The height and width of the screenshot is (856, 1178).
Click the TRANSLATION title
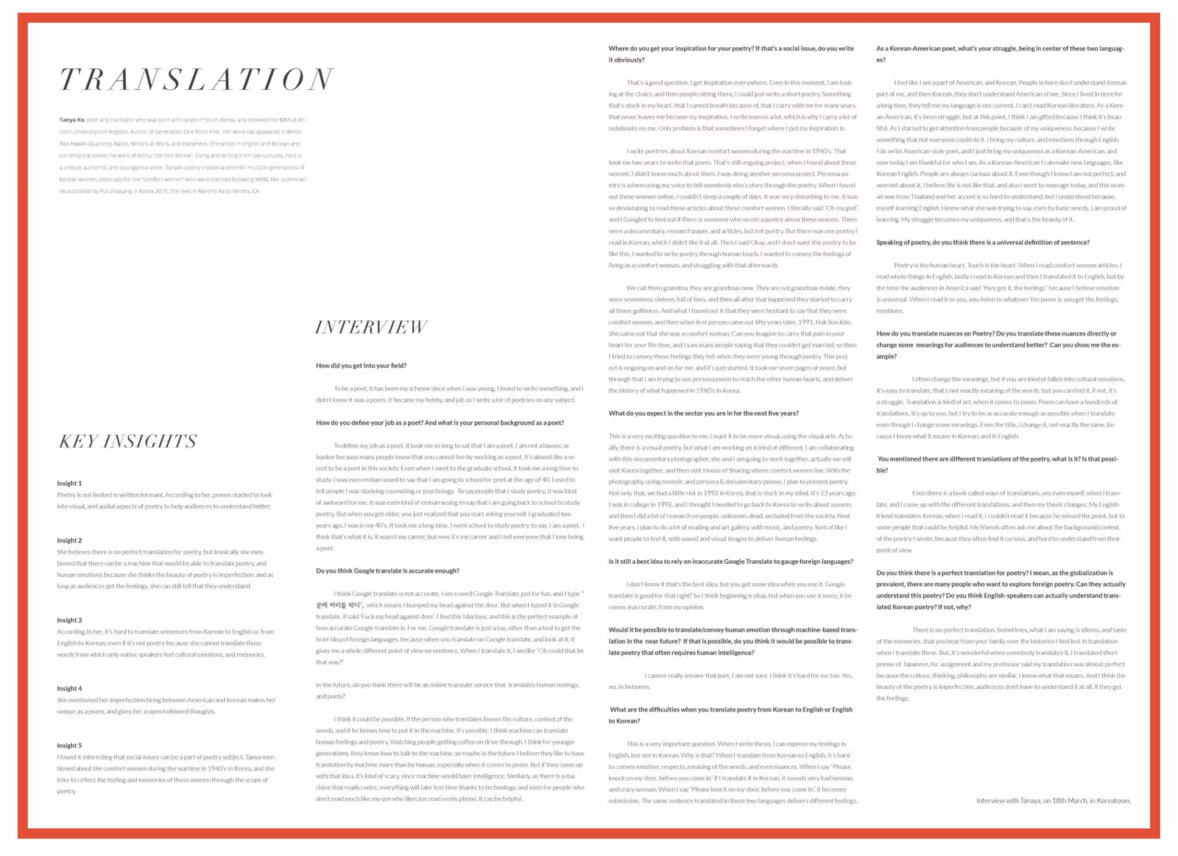pyautogui.click(x=197, y=79)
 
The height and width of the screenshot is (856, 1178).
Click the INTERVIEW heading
pyautogui.click(x=371, y=328)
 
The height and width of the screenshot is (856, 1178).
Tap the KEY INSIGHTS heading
pyautogui.click(x=128, y=442)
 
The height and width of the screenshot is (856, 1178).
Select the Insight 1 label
pyautogui.click(x=69, y=484)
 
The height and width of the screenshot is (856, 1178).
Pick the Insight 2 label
pyautogui.click(x=69, y=540)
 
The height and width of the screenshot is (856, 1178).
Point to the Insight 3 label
pyautogui.click(x=69, y=620)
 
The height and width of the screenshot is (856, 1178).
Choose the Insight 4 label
pyautogui.click(x=69, y=689)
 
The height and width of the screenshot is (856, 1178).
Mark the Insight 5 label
pyautogui.click(x=69, y=746)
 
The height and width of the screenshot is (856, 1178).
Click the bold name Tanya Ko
pyautogui.click(x=71, y=120)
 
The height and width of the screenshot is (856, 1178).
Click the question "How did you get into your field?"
pyautogui.click(x=361, y=366)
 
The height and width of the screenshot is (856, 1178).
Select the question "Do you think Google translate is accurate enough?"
pyautogui.click(x=387, y=571)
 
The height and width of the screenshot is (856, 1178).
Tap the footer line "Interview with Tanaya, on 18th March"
pyautogui.click(x=1053, y=801)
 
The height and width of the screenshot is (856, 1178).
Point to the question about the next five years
pyautogui.click(x=703, y=414)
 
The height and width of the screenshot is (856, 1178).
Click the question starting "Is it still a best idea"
pyautogui.click(x=730, y=562)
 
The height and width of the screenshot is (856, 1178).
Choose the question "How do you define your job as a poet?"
pyautogui.click(x=440, y=423)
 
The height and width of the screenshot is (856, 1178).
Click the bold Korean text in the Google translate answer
pyautogui.click(x=339, y=605)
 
